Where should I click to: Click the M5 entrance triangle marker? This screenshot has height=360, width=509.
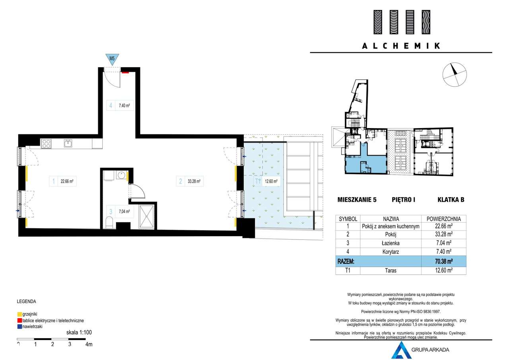click(x=112, y=59)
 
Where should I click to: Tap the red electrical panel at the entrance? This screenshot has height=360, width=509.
click(x=125, y=72)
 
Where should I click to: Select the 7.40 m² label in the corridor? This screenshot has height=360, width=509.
click(x=124, y=106)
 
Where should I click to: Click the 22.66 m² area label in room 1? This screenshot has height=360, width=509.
click(x=67, y=181)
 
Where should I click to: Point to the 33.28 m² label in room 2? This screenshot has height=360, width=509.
click(x=194, y=181)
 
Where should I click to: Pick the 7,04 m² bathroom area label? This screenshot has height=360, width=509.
click(x=124, y=212)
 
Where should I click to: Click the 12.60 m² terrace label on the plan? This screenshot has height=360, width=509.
click(x=271, y=181)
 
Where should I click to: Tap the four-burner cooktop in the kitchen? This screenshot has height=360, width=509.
click(x=46, y=144)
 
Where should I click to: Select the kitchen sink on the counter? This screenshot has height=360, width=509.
click(x=68, y=144)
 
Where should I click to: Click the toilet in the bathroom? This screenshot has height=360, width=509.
click(x=109, y=222)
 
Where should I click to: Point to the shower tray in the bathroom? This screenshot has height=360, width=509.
click(x=147, y=216)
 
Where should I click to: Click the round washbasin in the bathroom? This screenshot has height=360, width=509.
click(x=122, y=175)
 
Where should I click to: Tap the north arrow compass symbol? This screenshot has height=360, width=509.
click(x=455, y=74)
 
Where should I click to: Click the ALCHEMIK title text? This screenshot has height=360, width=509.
click(x=401, y=46)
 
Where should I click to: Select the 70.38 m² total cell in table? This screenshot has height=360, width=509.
click(x=443, y=261)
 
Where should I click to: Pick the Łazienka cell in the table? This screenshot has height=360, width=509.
click(x=390, y=243)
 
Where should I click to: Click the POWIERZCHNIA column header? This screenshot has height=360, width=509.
click(x=443, y=219)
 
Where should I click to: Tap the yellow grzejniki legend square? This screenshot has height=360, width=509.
click(x=20, y=314)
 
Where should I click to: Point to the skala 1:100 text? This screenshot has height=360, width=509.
click(x=79, y=332)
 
